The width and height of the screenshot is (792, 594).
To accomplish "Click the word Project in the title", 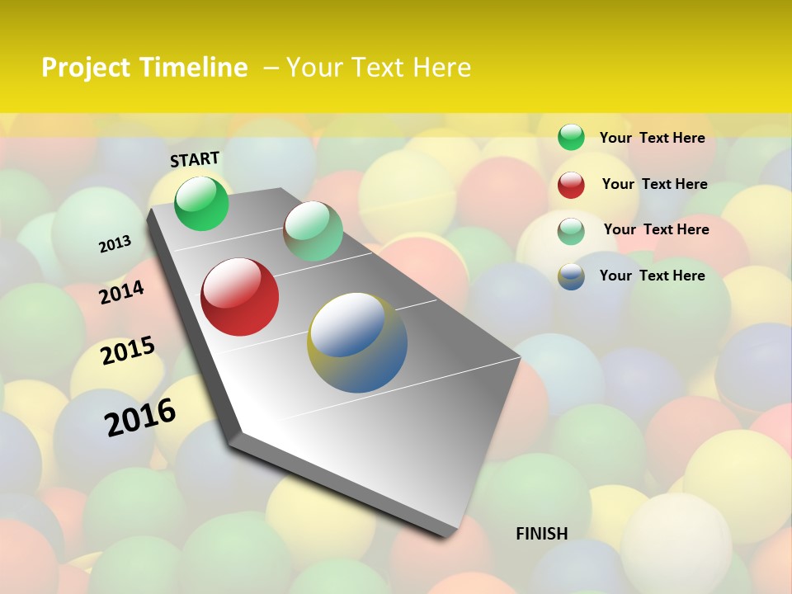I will (x=85, y=68).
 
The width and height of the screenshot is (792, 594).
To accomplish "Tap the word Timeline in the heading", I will (x=194, y=68).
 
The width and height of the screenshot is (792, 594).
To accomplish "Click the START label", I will (x=195, y=159).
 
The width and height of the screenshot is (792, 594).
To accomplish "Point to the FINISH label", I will (x=542, y=534).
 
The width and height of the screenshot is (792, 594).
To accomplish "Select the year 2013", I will (x=115, y=244).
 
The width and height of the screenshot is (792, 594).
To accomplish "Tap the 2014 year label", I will (x=122, y=292).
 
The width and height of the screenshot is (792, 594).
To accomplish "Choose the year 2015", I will (x=128, y=351).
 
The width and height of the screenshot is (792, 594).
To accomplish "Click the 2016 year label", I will (x=140, y=417).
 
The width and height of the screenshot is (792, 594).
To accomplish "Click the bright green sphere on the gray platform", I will (x=201, y=203).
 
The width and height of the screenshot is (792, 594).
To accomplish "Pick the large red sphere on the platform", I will (x=240, y=297).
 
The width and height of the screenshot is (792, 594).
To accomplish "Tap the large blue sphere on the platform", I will (x=357, y=342).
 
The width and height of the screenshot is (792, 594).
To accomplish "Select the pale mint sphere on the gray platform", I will (x=313, y=231).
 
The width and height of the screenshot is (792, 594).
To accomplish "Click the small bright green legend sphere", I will (x=571, y=137).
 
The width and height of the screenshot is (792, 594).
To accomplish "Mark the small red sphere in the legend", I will (x=571, y=185).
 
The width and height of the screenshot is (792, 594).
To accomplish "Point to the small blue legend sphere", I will (x=571, y=276).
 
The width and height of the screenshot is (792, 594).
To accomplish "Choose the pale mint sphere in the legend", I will (x=571, y=231).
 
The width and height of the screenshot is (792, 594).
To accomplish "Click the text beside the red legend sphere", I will (x=654, y=184).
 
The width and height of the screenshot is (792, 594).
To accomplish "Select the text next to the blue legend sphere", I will (x=652, y=276).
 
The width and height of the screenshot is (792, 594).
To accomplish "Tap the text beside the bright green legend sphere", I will (x=652, y=138).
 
